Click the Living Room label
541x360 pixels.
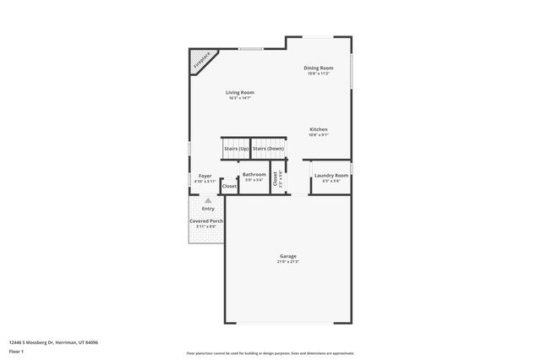click(x=239, y=92)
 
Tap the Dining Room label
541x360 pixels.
click(x=319, y=68)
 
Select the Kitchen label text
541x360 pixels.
click(x=318, y=129)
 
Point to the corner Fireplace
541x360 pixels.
click(x=200, y=61)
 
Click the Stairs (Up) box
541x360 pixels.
click(x=236, y=148)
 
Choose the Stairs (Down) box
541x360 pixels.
click(x=269, y=148)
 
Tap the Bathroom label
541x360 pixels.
click(x=254, y=174)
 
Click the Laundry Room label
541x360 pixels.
click(x=331, y=176)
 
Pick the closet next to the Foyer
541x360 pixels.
click(x=229, y=186)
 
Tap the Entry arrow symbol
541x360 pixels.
click(x=207, y=201)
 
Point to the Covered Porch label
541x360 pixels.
click(x=205, y=221)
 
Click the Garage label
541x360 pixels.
click(x=288, y=256)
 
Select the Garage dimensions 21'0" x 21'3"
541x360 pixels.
click(x=288, y=262)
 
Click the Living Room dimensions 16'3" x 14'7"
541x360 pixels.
click(x=239, y=98)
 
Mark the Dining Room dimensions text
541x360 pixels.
click(x=319, y=74)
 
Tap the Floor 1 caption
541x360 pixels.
click(x=17, y=352)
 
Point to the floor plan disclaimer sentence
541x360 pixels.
click(x=270, y=352)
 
